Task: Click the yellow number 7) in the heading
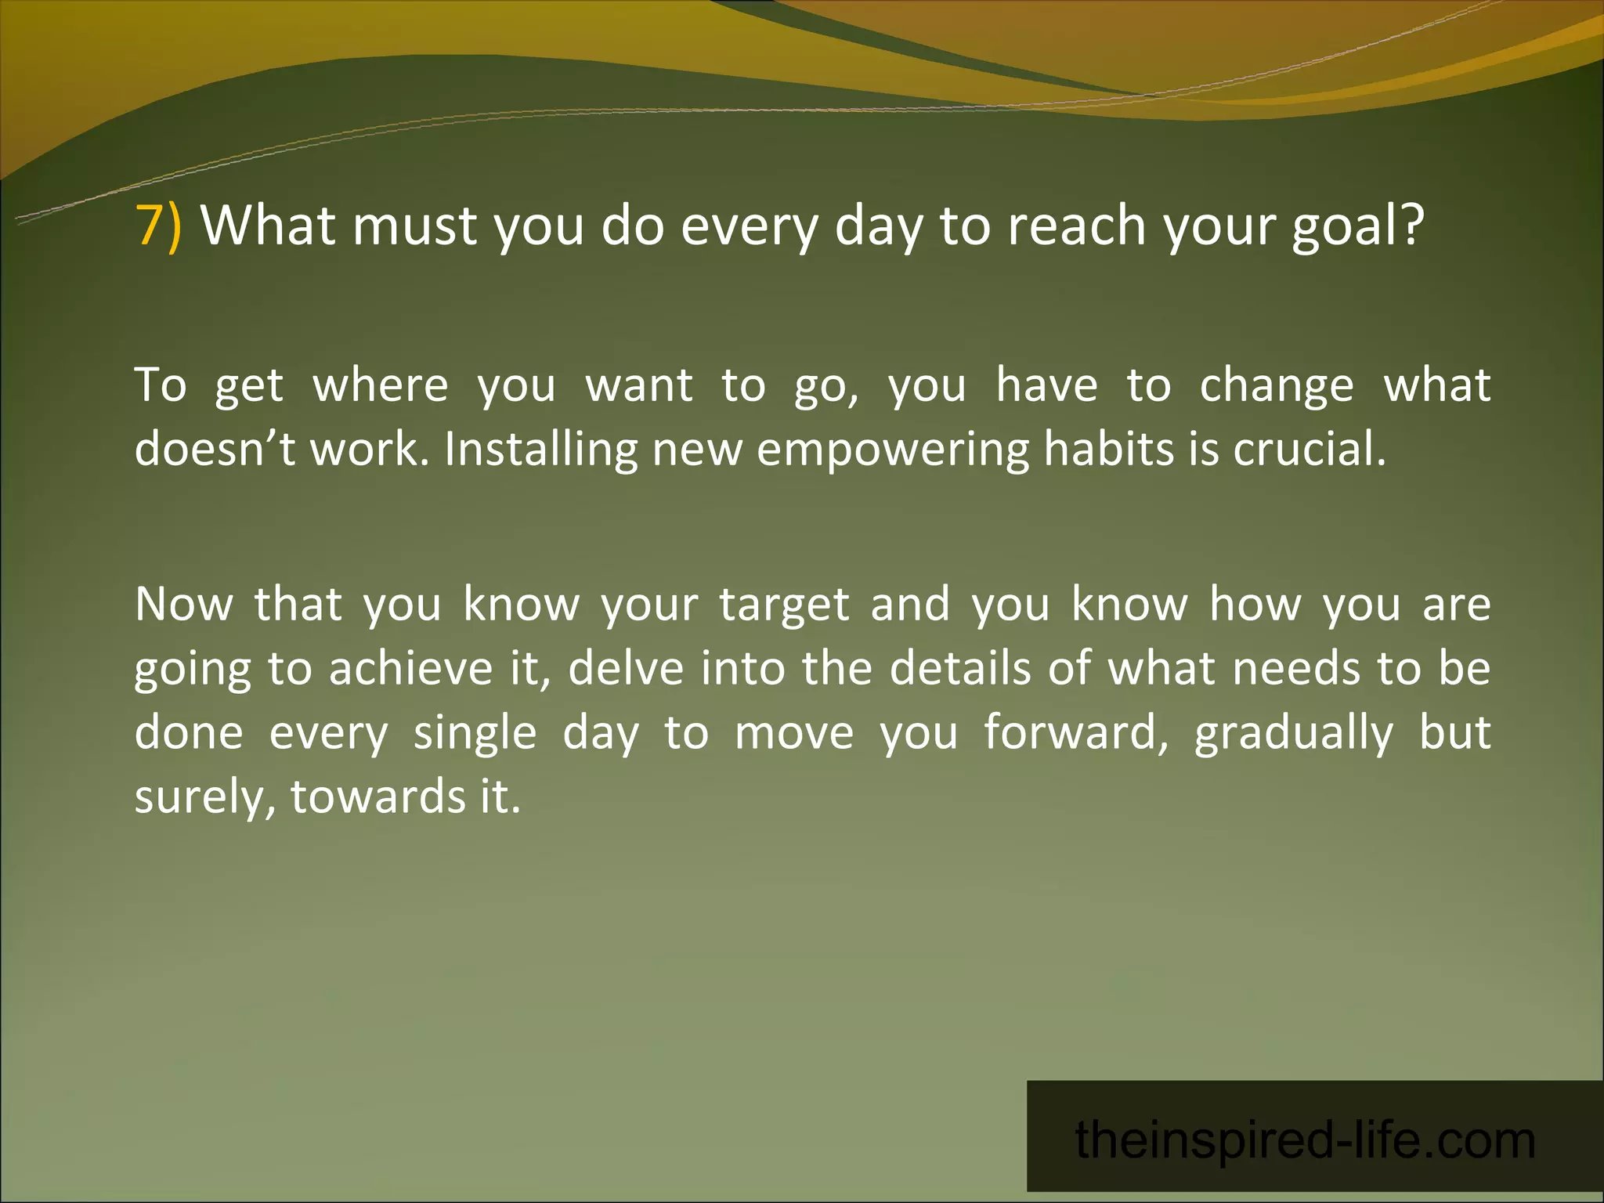click(159, 226)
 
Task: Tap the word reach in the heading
click(1076, 226)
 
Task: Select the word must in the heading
click(414, 226)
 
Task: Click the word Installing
click(540, 450)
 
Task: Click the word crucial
click(1310, 450)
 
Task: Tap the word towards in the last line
click(378, 797)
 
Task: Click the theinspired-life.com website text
click(1305, 1140)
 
